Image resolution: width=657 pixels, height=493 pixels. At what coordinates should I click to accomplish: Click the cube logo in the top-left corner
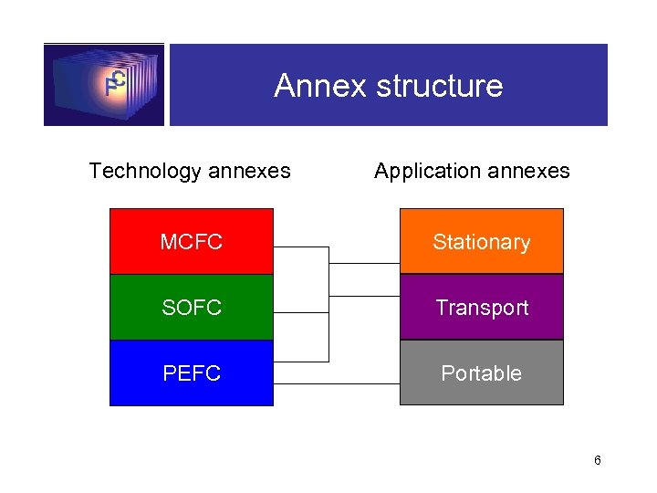coord(104,84)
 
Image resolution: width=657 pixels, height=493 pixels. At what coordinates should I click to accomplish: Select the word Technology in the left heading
coord(145,171)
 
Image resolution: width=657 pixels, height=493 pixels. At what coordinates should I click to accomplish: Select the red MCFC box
coord(192,242)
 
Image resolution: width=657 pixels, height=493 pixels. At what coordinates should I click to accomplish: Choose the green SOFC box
coord(192,308)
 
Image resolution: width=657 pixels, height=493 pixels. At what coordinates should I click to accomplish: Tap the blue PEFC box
coord(192,373)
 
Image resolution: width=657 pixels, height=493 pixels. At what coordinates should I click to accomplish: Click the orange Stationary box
coord(482,242)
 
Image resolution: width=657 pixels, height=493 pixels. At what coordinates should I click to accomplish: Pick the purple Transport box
coord(482,308)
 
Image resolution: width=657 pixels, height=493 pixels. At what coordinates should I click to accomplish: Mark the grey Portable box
coord(482,373)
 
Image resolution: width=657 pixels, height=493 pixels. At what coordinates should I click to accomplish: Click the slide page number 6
coord(597,460)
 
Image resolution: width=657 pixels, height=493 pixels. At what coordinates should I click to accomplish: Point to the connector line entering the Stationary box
coord(365,263)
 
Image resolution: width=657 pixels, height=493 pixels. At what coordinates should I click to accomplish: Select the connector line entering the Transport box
coord(365,296)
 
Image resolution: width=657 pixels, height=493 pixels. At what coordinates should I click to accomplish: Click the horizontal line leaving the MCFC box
coord(301,246)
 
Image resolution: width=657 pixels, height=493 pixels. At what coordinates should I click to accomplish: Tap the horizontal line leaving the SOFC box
coord(301,312)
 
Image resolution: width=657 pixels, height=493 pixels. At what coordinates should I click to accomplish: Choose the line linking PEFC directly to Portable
coord(338,383)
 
